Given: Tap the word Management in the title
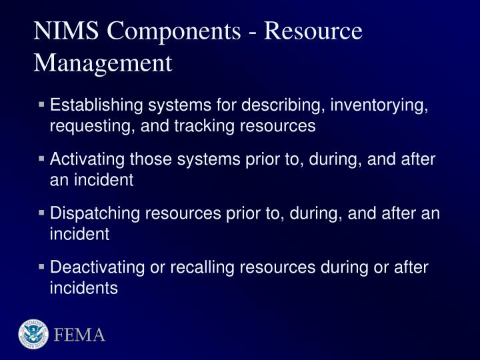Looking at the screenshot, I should tap(103, 63).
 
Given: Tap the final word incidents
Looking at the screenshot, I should tap(83, 288).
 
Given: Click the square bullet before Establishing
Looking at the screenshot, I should tap(42, 105).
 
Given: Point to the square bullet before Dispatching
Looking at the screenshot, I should tap(42, 213).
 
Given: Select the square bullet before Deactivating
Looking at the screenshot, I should tap(42, 267).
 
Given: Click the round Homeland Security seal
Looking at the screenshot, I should tap(33, 334).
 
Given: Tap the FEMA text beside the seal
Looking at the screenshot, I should tap(80, 335).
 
